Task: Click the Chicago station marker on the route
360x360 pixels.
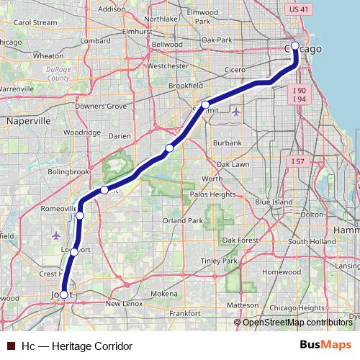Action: tap(294, 46)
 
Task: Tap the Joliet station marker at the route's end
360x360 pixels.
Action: tap(64, 294)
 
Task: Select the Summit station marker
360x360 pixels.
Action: tap(205, 105)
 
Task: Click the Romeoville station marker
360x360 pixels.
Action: tap(80, 215)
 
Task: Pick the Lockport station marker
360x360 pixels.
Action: tap(74, 252)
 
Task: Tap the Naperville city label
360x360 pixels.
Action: tap(28, 122)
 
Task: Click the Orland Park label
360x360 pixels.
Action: tap(180, 220)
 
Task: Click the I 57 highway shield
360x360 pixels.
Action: tap(298, 162)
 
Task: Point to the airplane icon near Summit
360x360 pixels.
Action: tap(238, 112)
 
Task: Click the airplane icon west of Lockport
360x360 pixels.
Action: tap(57, 235)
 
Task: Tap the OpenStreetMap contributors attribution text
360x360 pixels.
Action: tap(297, 323)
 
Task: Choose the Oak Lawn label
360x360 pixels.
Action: tap(233, 164)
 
